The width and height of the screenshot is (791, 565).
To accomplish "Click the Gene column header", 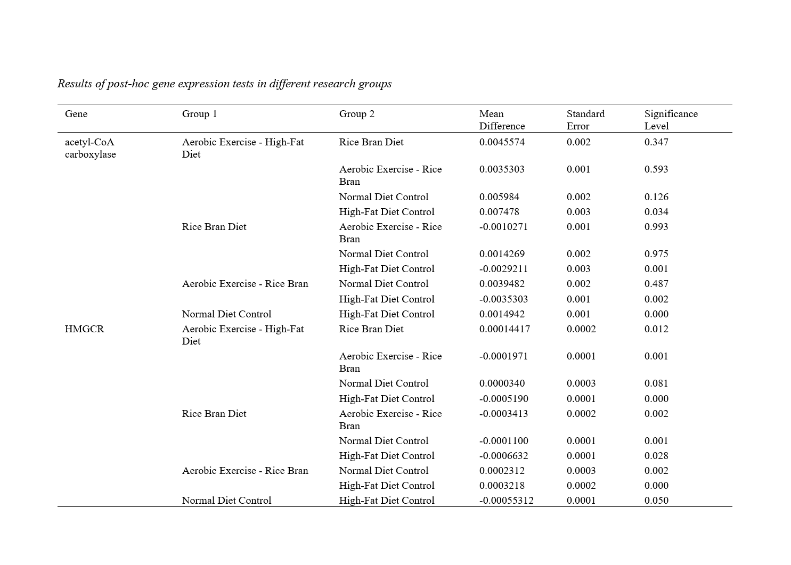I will [76, 114].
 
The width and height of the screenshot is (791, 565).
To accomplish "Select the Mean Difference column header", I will [502, 120].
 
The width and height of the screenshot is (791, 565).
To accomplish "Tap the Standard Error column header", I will [585, 120].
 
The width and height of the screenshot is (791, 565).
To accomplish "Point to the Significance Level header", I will [671, 120].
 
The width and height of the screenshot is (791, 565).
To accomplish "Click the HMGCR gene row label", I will [85, 329].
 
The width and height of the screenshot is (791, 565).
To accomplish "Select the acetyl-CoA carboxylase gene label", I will [90, 148].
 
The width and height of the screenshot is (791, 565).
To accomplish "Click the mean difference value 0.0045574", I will [502, 142].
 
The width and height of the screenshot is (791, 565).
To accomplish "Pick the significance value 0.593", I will [656, 169].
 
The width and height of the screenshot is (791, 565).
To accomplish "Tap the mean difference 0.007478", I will [499, 212].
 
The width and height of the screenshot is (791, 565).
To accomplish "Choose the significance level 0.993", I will [656, 227].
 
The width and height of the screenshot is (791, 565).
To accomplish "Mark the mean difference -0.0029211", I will [503, 269].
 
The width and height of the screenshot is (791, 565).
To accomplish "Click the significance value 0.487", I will [656, 284].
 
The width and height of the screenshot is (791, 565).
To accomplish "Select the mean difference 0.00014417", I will [504, 329].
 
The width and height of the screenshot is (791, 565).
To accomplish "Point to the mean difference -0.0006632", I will [503, 456].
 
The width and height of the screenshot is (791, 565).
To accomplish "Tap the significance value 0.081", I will [656, 383].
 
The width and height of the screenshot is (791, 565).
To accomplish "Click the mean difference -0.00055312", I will [506, 501].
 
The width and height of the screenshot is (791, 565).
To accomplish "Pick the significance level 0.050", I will [656, 501].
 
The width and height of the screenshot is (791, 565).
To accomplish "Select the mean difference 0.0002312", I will [502, 471].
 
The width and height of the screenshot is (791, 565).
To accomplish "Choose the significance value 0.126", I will [656, 197].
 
